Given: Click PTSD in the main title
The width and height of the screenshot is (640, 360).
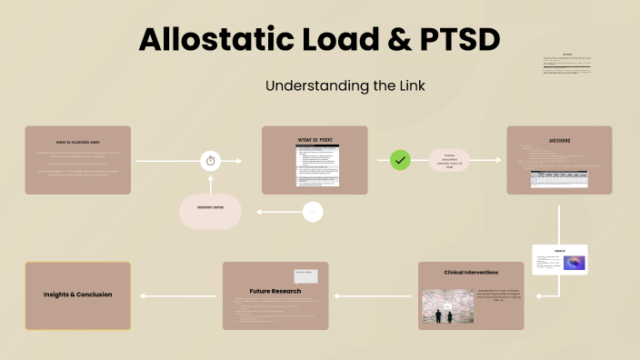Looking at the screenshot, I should (x=456, y=41).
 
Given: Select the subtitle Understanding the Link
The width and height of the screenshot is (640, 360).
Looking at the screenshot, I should (x=319, y=85).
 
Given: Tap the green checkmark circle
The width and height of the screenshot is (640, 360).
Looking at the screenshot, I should (x=401, y=160).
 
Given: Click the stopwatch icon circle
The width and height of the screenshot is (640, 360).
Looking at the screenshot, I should (x=211, y=161).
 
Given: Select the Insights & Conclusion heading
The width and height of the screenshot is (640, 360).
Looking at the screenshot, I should (x=78, y=295).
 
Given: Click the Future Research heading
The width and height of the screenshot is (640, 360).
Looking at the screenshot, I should (x=275, y=291).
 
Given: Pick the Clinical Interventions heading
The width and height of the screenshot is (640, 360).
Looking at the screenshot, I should (x=471, y=272).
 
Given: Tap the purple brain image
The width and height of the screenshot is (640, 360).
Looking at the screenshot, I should (x=574, y=263).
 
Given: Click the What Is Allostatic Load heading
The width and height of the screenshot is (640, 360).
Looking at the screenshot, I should (x=78, y=142).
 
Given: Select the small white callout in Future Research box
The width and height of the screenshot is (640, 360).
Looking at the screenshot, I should (x=305, y=275).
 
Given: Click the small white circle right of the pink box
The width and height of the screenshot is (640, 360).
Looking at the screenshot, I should (x=314, y=212).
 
